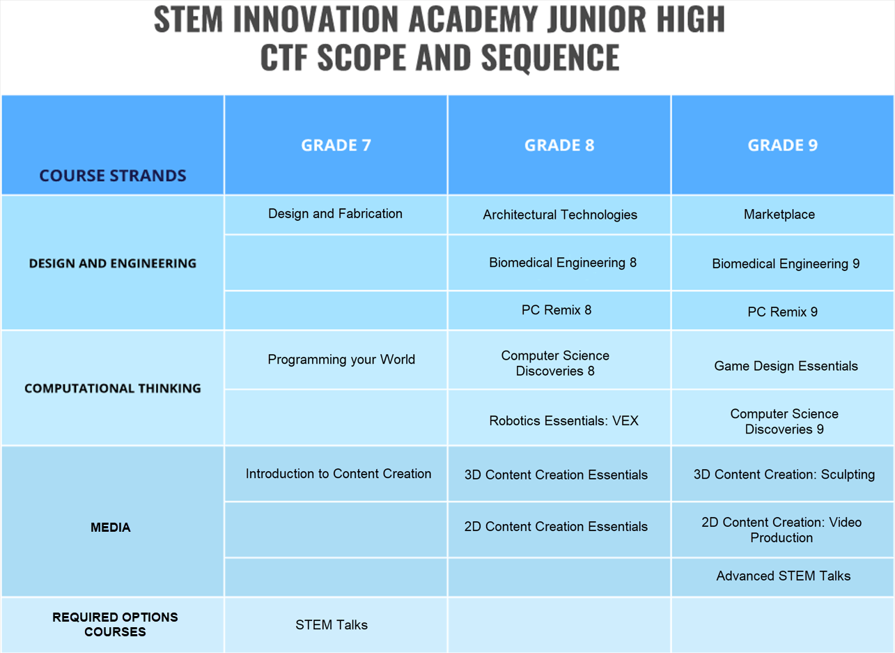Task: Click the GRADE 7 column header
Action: point(336,145)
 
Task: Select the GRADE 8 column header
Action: point(559,145)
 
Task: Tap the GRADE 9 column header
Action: point(783,145)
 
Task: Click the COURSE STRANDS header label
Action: point(113,176)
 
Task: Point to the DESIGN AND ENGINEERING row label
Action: point(113,263)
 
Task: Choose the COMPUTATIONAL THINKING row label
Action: point(113,388)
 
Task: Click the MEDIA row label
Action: point(111,527)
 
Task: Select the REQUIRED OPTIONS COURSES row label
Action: point(115,624)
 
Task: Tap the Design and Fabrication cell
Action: point(335,213)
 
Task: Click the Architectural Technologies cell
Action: point(560,215)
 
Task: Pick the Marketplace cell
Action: point(779,215)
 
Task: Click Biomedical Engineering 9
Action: point(786,264)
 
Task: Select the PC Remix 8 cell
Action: point(557,310)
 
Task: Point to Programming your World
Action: point(341,360)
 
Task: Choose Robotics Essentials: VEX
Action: point(563,421)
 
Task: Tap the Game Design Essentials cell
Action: point(786,366)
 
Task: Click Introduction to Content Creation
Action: point(338,473)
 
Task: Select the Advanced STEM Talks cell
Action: point(783,576)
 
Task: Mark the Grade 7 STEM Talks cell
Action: point(332,624)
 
